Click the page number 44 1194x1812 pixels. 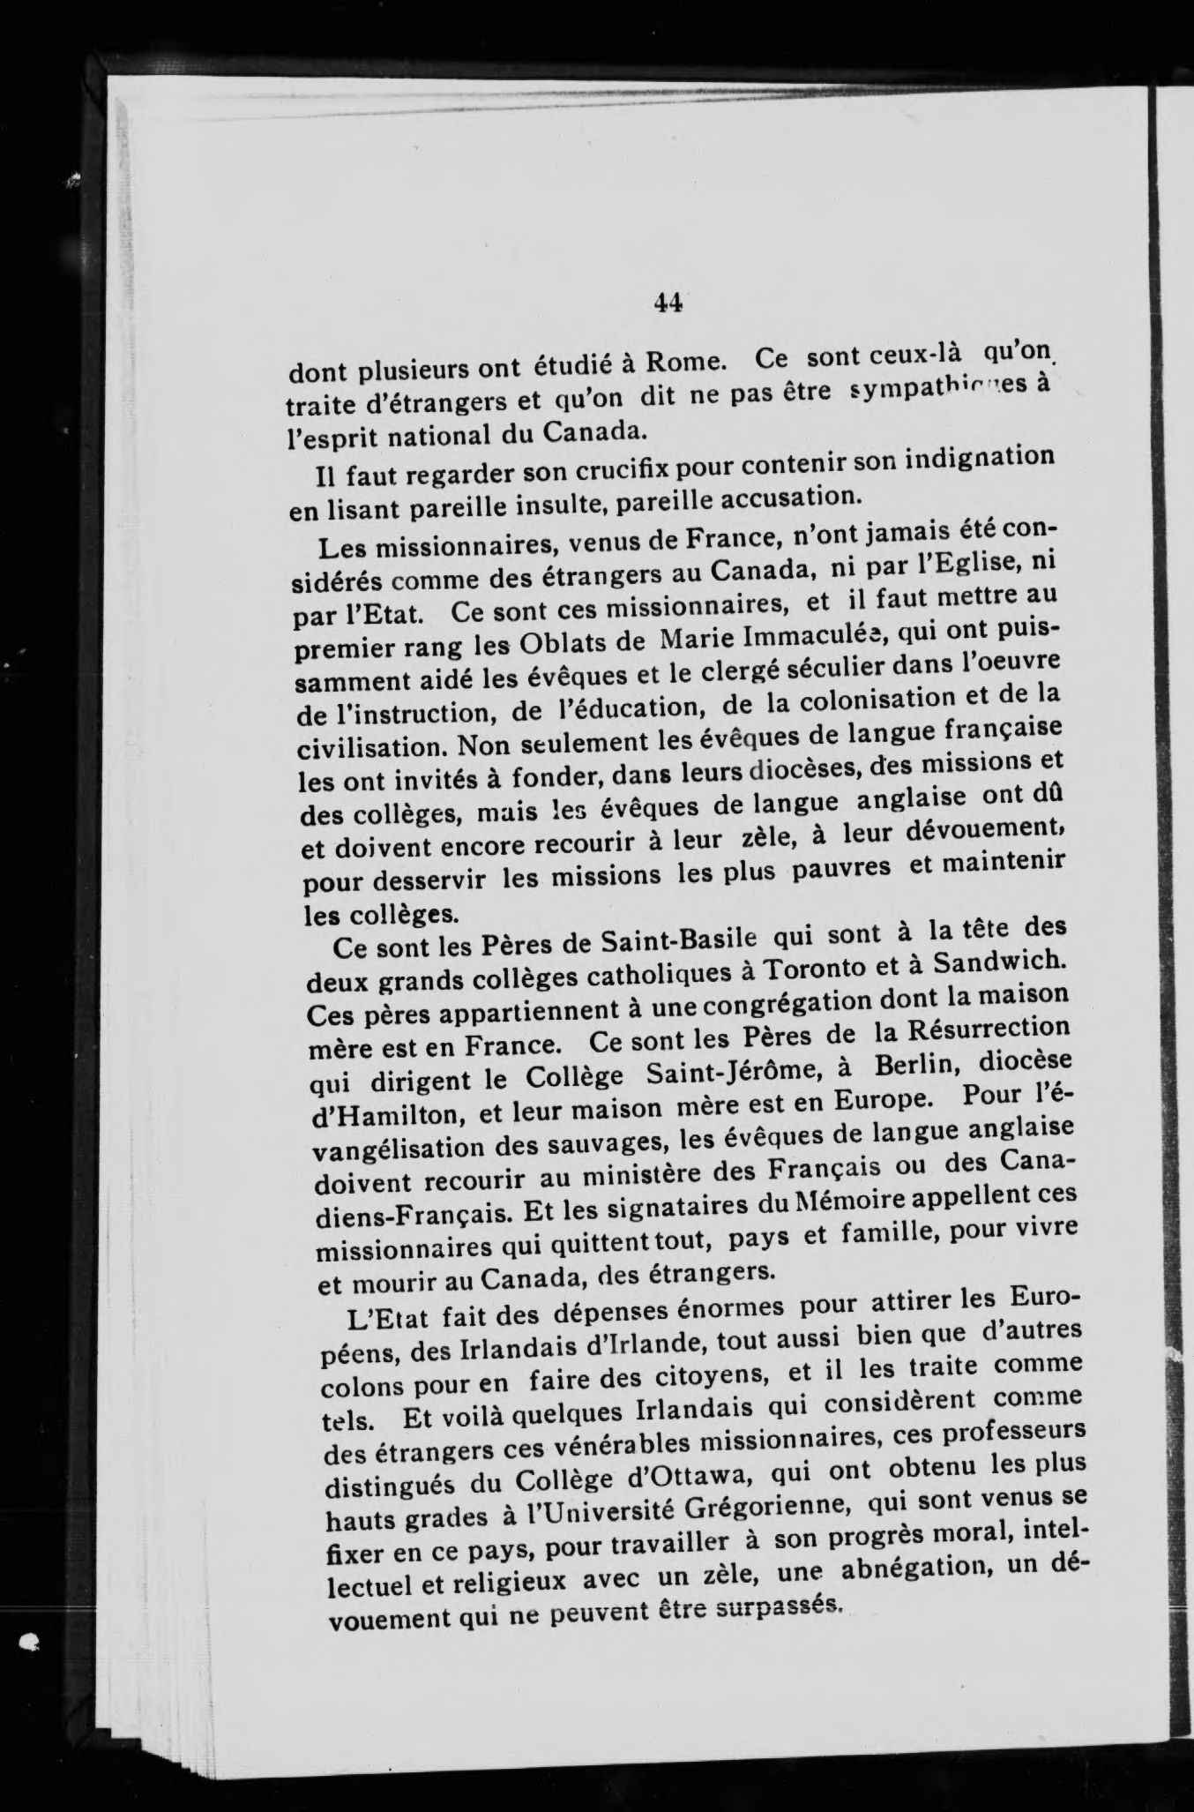pos(668,303)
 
